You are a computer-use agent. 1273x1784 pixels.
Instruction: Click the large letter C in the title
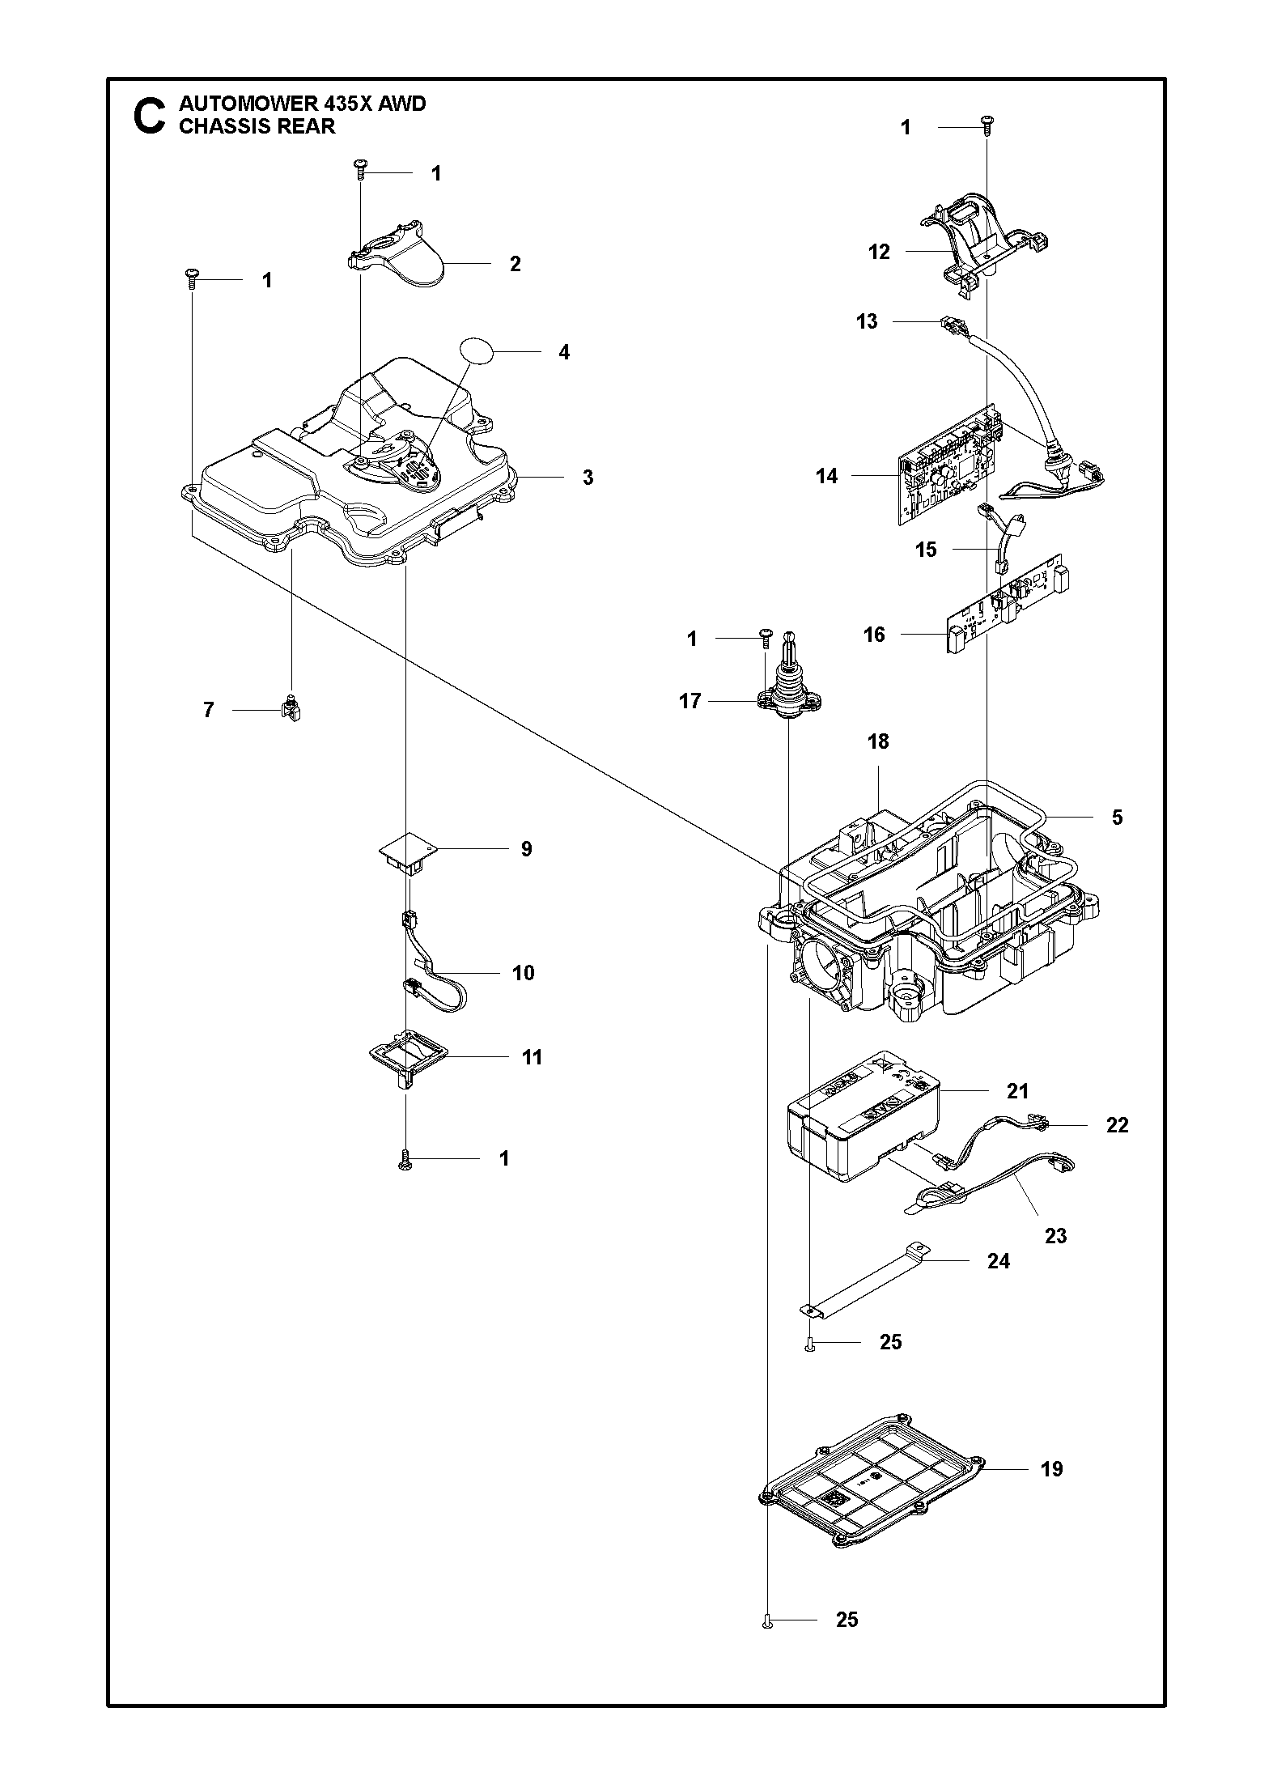tap(149, 116)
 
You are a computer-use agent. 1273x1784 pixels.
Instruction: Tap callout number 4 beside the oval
tap(564, 352)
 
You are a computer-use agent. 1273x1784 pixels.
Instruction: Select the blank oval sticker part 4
tap(477, 353)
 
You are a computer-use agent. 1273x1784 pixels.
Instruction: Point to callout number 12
tap(879, 252)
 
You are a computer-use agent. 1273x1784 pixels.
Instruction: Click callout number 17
tap(690, 701)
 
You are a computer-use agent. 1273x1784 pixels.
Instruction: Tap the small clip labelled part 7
tap(291, 710)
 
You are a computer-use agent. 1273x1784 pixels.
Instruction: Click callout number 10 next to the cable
tap(524, 972)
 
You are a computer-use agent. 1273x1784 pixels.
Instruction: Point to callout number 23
tap(1055, 1235)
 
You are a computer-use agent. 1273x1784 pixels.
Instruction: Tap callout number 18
tap(878, 741)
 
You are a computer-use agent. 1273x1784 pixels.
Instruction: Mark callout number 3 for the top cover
tap(588, 478)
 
